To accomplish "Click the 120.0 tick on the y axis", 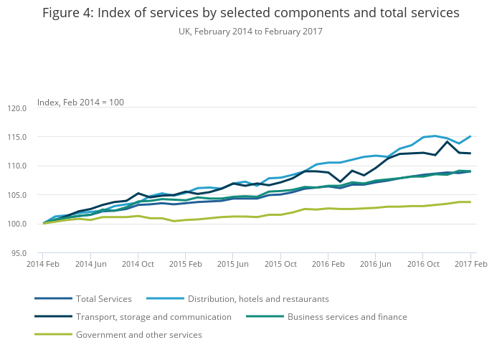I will [x=15, y=108].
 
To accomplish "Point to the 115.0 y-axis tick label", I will [x=15, y=137].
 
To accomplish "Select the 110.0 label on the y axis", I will [x=15, y=166].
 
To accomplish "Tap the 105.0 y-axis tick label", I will [x=15, y=195].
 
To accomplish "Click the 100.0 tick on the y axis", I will [x=15, y=224].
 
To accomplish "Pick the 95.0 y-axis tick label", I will [x=16, y=253].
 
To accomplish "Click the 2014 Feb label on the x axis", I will [x=43, y=265].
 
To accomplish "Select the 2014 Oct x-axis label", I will [x=138, y=265].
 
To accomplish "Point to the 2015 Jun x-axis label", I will [x=233, y=265].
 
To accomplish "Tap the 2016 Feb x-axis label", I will [x=328, y=265].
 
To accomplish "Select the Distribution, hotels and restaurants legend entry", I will [x=258, y=298].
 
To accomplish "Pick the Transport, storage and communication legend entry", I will [x=153, y=316].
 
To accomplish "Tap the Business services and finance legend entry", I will [x=347, y=316].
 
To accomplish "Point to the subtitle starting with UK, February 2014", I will [x=250, y=32].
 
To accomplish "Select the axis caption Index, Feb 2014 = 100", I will [x=80, y=103].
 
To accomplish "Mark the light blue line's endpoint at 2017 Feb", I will [x=470, y=136].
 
